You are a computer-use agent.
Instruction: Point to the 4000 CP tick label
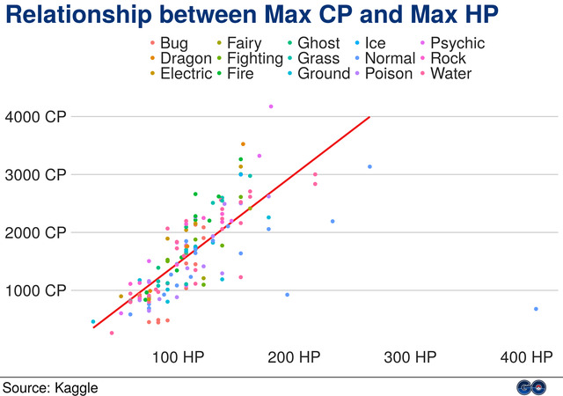(35, 116)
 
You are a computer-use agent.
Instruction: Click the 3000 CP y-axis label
(35, 174)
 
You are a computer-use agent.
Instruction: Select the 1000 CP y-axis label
(35, 290)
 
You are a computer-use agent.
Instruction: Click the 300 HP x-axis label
(410, 358)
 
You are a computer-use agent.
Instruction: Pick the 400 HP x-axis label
(526, 358)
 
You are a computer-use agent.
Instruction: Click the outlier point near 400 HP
(536, 309)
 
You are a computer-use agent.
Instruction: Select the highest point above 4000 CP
(271, 106)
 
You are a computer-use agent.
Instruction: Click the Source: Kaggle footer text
(50, 386)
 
